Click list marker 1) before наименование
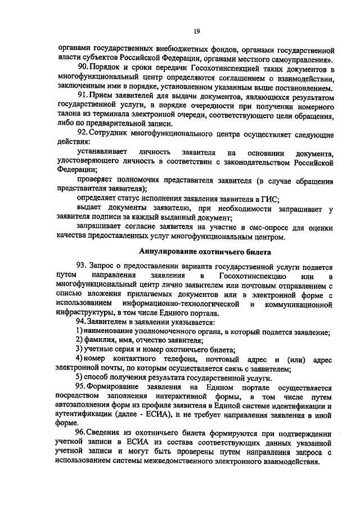[80, 331]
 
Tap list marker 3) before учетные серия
[80, 350]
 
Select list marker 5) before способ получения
[80, 377]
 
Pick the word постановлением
[300, 87]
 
